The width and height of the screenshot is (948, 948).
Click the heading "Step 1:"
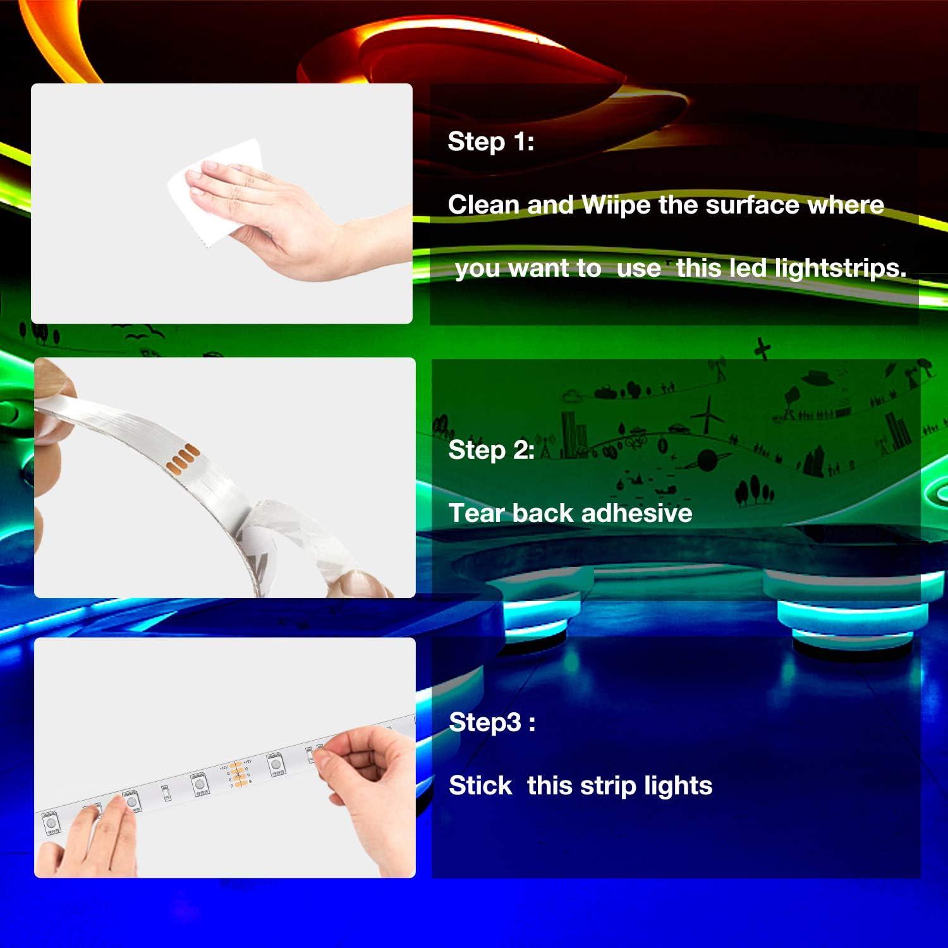pos(490,142)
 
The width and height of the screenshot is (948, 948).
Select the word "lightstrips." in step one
pos(790,269)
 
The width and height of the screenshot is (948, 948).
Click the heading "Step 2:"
pos(491,450)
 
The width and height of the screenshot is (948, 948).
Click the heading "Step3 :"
pos(492,722)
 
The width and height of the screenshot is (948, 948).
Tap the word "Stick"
pos(480,786)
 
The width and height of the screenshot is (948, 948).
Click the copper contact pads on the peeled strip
pos(183,456)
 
